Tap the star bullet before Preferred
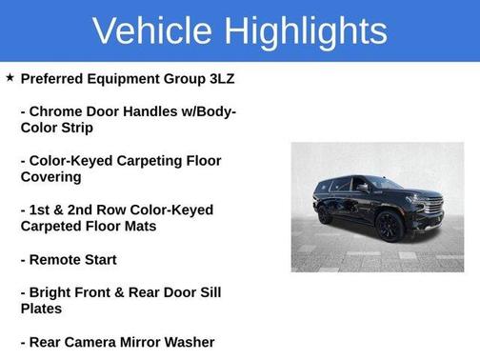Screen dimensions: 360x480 tap(10, 78)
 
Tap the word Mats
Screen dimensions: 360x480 tap(140, 227)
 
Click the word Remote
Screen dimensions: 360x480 tap(57, 259)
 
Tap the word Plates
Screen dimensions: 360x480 tap(42, 309)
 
